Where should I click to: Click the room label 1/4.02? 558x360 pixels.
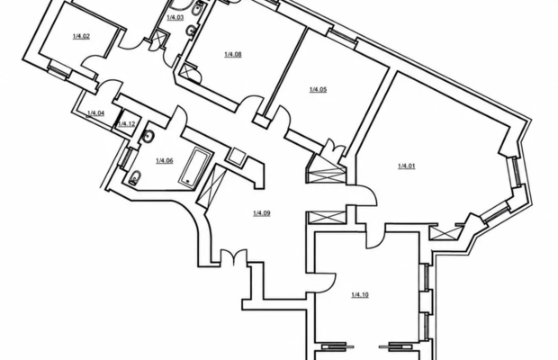pyautogui.click(x=81, y=36)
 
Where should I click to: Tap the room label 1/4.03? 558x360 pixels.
pyautogui.click(x=175, y=17)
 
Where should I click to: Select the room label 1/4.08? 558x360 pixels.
pyautogui.click(x=233, y=54)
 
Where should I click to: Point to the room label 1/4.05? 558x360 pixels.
pyautogui.click(x=318, y=89)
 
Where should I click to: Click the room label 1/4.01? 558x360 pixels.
pyautogui.click(x=407, y=166)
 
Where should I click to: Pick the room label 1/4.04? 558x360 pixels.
pyautogui.click(x=95, y=113)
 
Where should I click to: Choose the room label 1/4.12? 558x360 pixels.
pyautogui.click(x=127, y=124)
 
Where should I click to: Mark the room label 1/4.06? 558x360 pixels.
pyautogui.click(x=165, y=161)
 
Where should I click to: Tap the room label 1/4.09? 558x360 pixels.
pyautogui.click(x=262, y=213)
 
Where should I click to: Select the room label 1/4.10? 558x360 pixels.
pyautogui.click(x=360, y=294)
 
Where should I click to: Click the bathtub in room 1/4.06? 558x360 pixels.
pyautogui.click(x=195, y=167)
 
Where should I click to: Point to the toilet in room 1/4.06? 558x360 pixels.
pyautogui.click(x=134, y=177)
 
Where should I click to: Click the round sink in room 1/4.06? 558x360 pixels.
pyautogui.click(x=148, y=136)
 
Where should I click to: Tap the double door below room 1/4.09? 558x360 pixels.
pyautogui.click(x=233, y=256)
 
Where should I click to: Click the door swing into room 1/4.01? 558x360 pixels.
pyautogui.click(x=365, y=195)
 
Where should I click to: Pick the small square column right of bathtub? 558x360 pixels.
pyautogui.click(x=236, y=155)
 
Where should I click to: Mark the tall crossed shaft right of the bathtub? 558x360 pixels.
pyautogui.click(x=211, y=185)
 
